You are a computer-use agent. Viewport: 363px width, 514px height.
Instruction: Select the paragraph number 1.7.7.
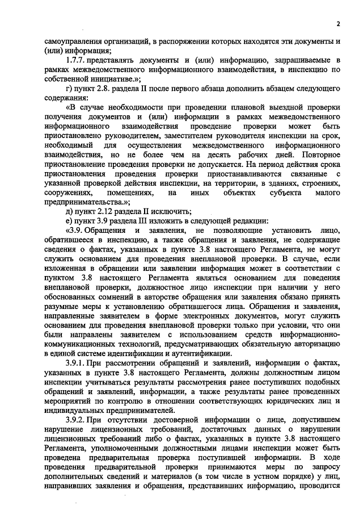point(78,61)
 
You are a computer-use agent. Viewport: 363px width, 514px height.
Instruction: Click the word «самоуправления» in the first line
point(73,41)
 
